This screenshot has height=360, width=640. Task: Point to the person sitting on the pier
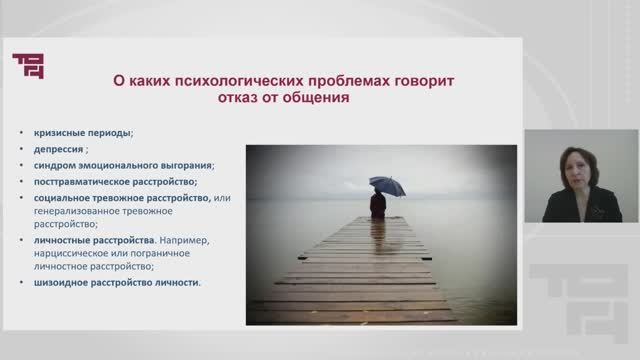378,205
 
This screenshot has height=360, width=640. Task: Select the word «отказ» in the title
237,100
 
